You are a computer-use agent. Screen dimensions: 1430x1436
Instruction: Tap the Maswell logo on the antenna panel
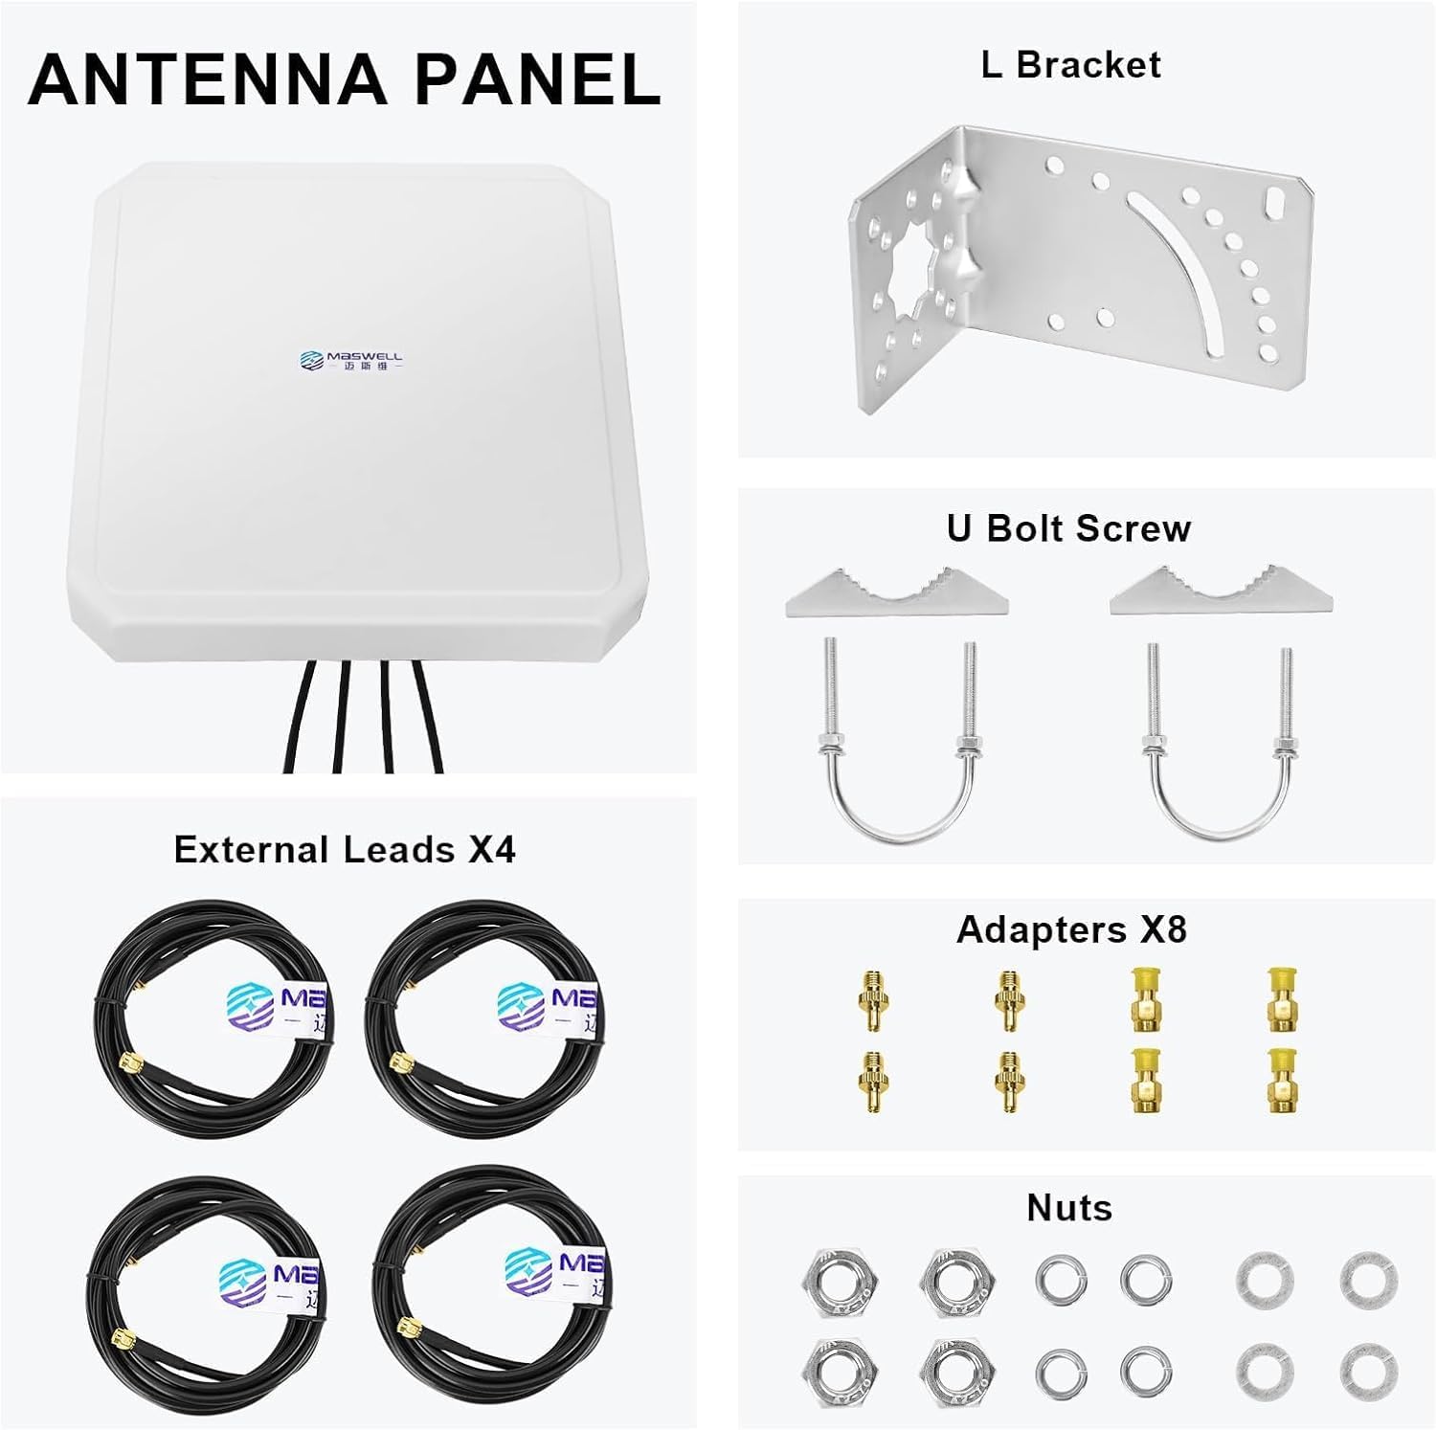pyautogui.click(x=350, y=360)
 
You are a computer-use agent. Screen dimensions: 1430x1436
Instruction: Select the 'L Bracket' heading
pyautogui.click(x=1070, y=65)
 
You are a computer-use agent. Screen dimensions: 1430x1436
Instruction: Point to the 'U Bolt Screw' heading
pyautogui.click(x=1068, y=528)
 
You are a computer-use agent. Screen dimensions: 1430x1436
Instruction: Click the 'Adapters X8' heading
pyautogui.click(x=1071, y=929)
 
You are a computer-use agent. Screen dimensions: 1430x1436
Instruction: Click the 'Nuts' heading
pyautogui.click(x=1069, y=1208)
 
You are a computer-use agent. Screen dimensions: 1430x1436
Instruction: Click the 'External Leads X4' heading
pyautogui.click(x=345, y=850)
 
